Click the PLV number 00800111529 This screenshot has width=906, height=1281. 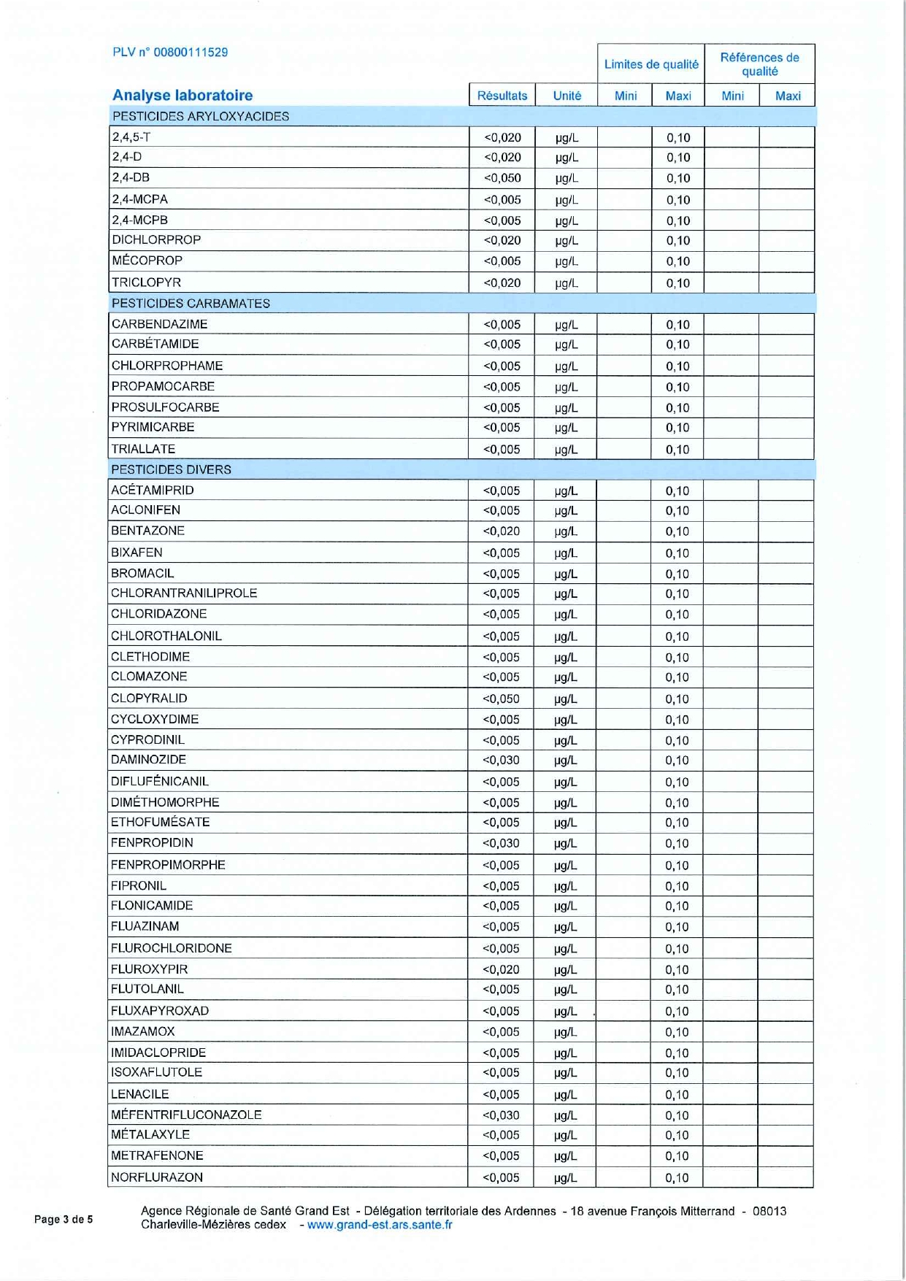point(170,53)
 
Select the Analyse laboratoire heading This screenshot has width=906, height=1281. point(183,95)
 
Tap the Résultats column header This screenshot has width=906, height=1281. point(502,96)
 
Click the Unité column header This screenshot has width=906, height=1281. point(567,96)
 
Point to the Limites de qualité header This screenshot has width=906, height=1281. point(651,64)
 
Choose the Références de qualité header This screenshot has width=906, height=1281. point(759,64)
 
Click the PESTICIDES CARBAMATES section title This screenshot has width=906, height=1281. point(191,304)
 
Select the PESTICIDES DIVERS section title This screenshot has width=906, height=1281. point(171,469)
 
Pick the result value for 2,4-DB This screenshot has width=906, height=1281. point(502,178)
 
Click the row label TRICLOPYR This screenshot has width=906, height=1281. point(146,282)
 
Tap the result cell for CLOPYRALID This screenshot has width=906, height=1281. point(502,699)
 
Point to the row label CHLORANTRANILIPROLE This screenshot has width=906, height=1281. point(184,593)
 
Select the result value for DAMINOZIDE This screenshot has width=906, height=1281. point(502,760)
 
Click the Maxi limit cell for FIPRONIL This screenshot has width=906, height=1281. point(677,886)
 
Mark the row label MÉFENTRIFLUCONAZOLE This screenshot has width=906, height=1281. point(186,1115)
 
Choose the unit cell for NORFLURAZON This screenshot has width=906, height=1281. point(566,1177)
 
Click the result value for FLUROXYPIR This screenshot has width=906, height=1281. point(502,969)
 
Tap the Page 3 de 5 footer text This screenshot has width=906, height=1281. point(64,1219)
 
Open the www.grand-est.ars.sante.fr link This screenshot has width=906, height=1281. point(380,1225)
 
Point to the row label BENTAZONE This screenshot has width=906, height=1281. point(147,531)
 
